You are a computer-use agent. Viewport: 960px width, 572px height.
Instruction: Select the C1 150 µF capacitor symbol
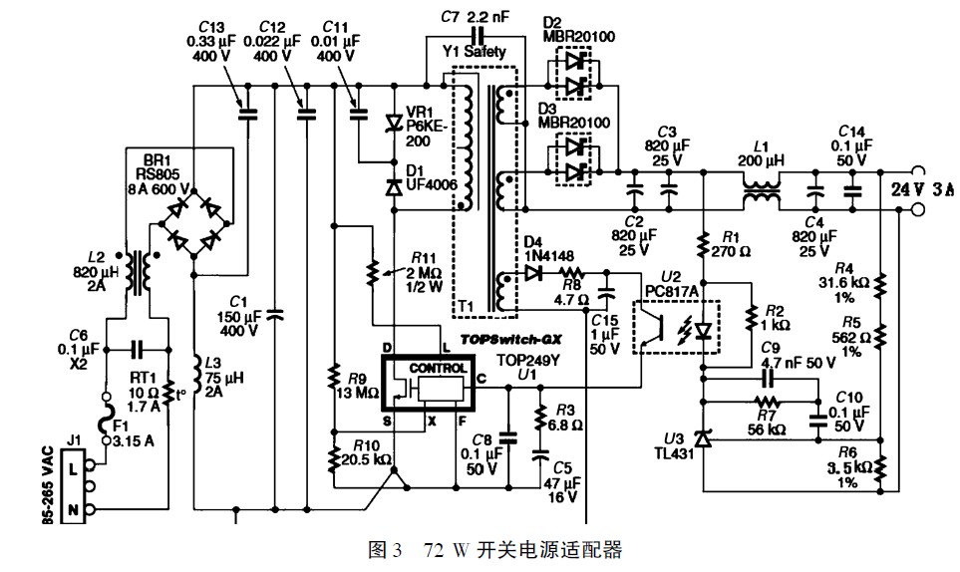pos(274,315)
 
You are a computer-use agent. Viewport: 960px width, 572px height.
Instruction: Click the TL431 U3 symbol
pos(703,439)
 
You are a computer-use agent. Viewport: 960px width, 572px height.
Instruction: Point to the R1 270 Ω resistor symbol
pos(704,242)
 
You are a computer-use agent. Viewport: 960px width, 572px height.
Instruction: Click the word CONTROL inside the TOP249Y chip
pos(438,369)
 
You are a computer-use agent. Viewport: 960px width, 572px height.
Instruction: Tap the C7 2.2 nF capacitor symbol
pos(477,34)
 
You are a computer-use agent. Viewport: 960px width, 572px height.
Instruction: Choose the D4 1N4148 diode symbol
pos(532,272)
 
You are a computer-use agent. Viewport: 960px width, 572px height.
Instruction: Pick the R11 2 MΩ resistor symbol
pos(371,273)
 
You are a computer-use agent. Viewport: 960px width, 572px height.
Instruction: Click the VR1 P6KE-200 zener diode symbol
pos(393,123)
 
